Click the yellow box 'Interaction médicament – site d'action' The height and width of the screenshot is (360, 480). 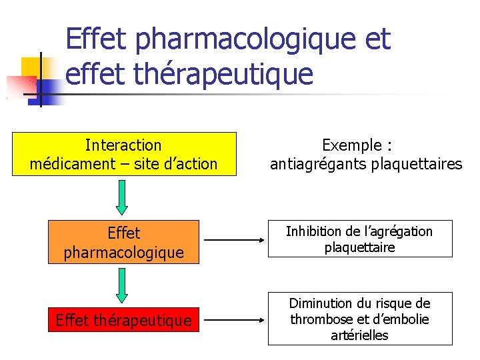[124, 154]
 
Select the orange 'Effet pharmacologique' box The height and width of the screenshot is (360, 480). [124, 243]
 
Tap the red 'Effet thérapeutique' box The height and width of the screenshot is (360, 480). [124, 321]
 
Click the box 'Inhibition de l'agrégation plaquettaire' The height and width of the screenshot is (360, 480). [360, 239]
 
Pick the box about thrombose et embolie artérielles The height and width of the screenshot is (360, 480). [360, 319]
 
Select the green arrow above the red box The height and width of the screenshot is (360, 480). [121, 285]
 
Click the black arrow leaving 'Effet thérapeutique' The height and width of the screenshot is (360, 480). [233, 320]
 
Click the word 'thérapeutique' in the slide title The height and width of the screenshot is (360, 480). [223, 74]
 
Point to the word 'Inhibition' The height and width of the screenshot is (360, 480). [313, 231]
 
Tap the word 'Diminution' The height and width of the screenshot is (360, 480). [321, 303]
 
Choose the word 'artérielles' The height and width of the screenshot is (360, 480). [360, 335]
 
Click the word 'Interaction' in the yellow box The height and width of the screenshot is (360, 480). [123, 145]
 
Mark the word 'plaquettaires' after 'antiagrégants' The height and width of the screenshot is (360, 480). [413, 164]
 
